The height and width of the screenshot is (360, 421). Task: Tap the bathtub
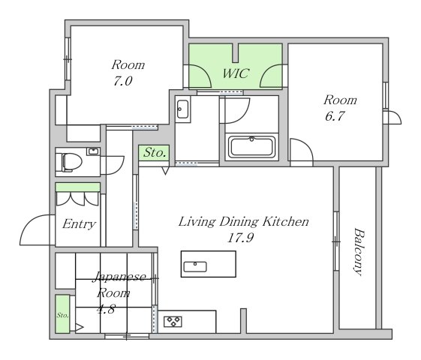coord(251,147)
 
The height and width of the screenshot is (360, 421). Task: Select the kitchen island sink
coord(195,267)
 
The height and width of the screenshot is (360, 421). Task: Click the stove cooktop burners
coord(173,321)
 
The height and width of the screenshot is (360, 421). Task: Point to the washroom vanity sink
coord(183,109)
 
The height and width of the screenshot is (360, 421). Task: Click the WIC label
coord(236,73)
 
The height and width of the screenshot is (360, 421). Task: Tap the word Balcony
coord(359,251)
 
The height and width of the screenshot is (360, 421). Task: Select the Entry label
coord(79,224)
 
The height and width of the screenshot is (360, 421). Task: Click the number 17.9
coord(240,238)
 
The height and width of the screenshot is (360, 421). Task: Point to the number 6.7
coord(335,116)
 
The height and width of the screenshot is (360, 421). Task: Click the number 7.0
coord(123,81)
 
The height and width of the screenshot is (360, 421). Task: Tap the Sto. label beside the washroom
coord(154,153)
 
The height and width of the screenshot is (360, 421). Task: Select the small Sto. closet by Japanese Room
coord(62,313)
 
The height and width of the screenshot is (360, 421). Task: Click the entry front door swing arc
coord(29,223)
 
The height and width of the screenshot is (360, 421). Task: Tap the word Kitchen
coord(285,222)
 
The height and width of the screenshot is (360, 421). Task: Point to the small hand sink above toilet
coord(93,151)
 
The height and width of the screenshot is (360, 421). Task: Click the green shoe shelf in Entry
coord(78,187)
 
